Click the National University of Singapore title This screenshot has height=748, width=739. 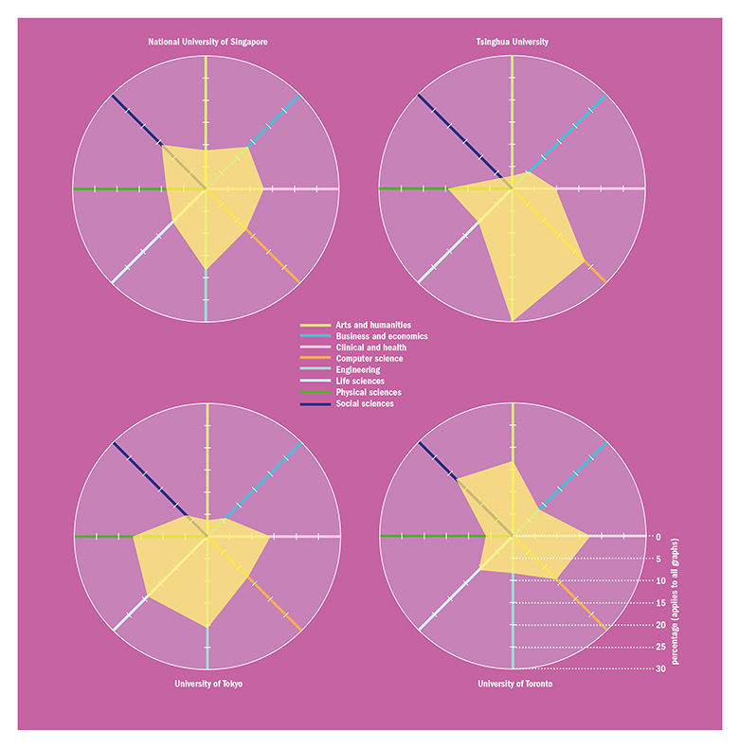point(207,42)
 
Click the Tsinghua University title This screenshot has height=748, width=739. point(512,42)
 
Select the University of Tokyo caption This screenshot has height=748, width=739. point(207,684)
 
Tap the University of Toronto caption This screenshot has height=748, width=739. point(513,684)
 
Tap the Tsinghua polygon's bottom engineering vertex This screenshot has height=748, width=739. point(513,321)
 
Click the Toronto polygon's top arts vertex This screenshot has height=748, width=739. point(513,462)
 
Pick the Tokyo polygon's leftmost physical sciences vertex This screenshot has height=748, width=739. point(134,537)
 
